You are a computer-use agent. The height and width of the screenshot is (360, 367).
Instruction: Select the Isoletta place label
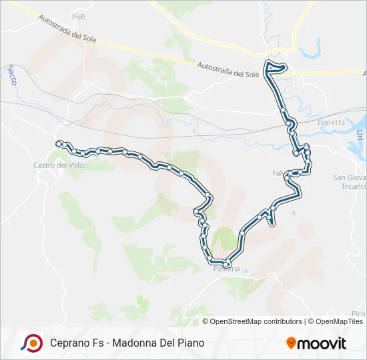click(331, 122)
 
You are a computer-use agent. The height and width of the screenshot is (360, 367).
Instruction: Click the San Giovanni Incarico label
click(349, 182)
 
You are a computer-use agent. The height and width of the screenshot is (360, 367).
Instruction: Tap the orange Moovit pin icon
click(290, 343)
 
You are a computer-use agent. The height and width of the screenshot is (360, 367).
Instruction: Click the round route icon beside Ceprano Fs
click(31, 343)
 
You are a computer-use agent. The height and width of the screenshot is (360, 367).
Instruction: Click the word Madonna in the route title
click(136, 343)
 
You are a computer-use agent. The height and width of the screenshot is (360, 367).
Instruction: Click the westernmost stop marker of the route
click(59, 143)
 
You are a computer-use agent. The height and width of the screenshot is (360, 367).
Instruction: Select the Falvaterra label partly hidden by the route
click(278, 173)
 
